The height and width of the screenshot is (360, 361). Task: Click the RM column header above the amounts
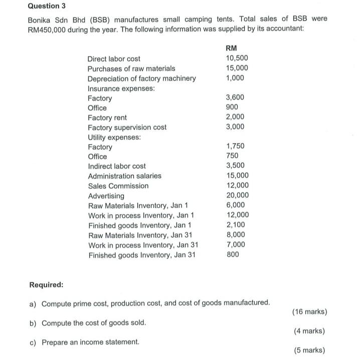232,49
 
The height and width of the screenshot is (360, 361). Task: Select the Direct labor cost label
114,59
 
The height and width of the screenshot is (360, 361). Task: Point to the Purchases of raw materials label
131,69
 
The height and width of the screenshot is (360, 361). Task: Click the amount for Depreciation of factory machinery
235,78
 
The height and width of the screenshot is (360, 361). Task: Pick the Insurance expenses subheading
121,88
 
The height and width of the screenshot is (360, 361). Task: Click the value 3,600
235,98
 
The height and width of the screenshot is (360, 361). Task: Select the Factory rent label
107,118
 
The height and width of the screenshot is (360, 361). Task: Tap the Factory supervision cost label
127,127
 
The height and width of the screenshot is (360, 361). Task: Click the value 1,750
235,147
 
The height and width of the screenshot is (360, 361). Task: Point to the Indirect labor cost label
117,166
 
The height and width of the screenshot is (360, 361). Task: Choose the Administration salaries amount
237,176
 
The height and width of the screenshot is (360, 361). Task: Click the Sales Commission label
118,186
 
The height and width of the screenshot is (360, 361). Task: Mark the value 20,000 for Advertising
237,195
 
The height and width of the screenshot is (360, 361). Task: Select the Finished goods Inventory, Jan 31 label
142,255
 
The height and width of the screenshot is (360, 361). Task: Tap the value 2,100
235,225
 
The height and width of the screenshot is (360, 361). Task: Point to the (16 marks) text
309,312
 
